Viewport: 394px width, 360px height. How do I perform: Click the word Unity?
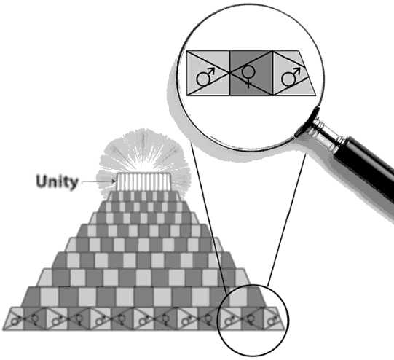pos(57,181)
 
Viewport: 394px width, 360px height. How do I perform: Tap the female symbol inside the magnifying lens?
pos(249,74)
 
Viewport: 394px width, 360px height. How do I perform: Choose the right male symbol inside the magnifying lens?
pos(291,75)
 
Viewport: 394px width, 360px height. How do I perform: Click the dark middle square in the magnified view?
pos(250,74)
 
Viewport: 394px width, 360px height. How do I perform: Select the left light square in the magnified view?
pos(208,74)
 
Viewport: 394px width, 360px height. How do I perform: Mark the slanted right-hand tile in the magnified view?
pos(293,74)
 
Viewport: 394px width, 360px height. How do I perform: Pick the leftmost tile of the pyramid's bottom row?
pos(15,318)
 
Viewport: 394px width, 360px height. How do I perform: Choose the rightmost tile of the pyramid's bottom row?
pos(272,318)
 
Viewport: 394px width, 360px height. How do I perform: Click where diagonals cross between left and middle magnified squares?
pos(229,74)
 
